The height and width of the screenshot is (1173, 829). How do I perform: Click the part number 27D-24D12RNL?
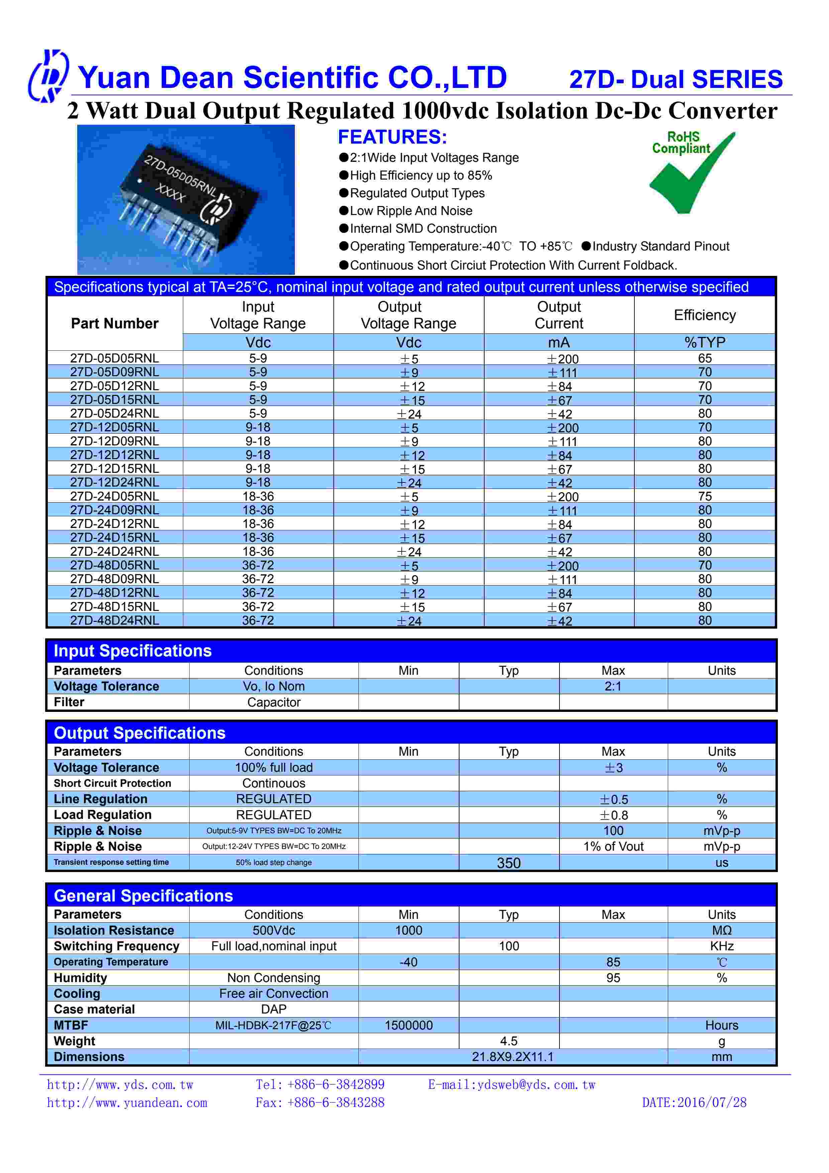coord(114,524)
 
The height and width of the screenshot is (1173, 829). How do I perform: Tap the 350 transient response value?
coord(508,863)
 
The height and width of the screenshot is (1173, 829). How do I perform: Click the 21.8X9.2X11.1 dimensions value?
coord(512,1057)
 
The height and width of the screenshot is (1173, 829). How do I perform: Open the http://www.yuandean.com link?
coord(127,1102)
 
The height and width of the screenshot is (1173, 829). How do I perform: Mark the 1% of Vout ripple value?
coord(613,847)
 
